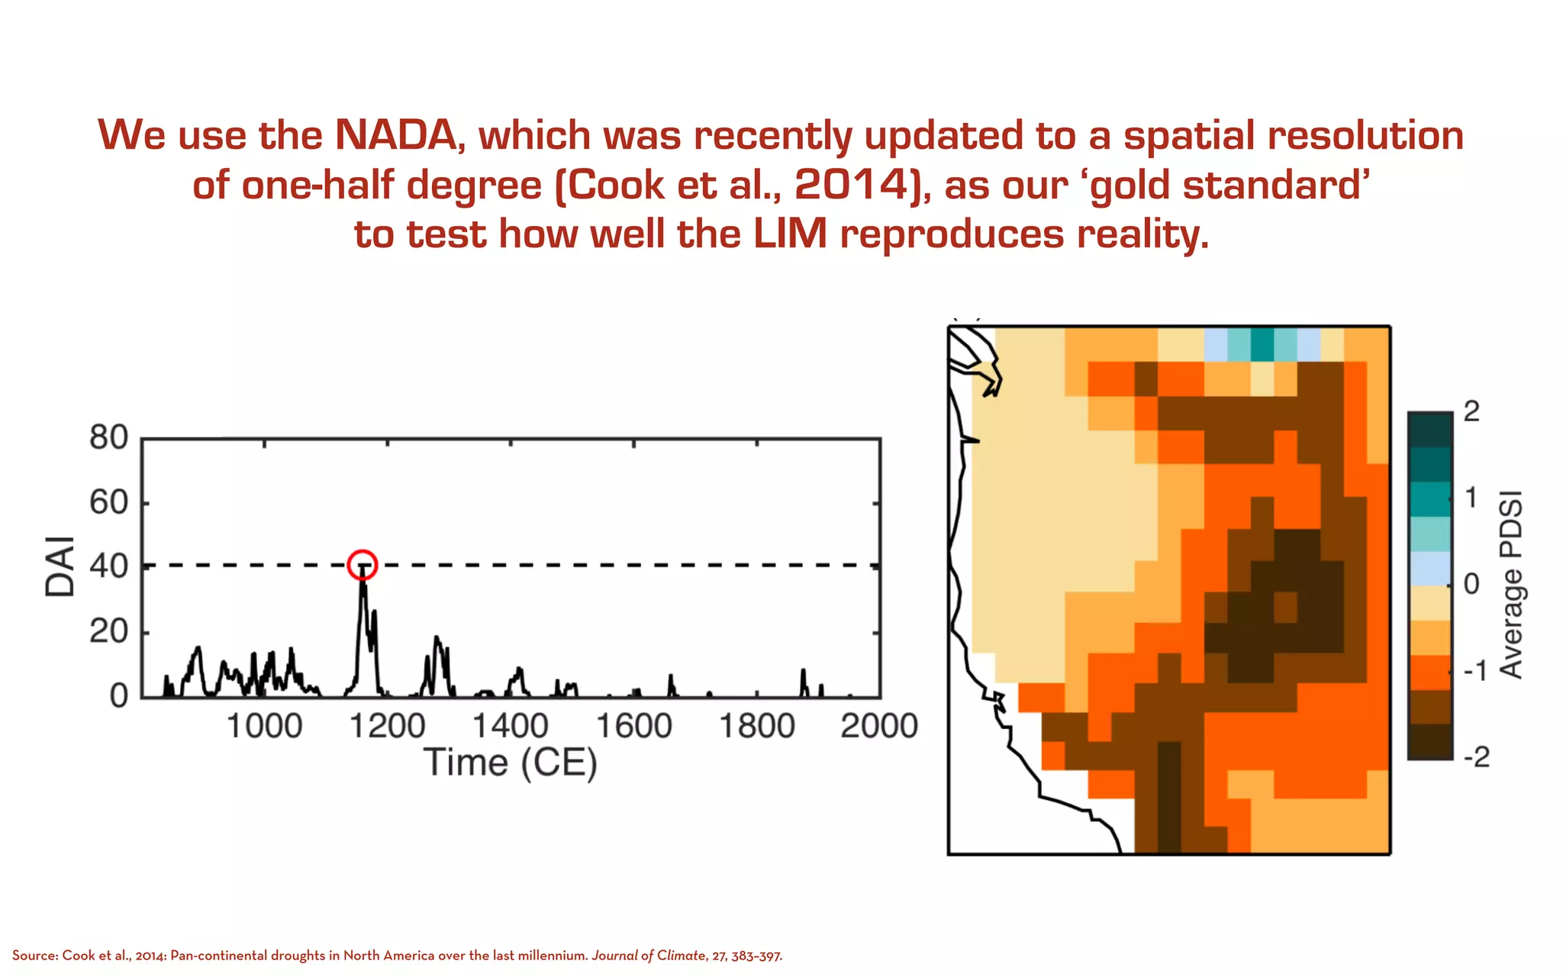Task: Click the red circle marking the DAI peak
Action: [363, 565]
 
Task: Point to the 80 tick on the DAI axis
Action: [108, 438]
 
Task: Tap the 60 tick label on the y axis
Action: [108, 503]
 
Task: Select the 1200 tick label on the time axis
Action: [387, 725]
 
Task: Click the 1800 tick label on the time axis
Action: [756, 725]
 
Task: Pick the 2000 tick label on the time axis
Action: [879, 725]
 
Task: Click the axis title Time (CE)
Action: [510, 763]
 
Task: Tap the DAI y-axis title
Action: [60, 566]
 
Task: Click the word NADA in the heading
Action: [395, 135]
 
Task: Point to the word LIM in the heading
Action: [790, 234]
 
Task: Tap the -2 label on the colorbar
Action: [1477, 757]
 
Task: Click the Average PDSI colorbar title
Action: [1511, 585]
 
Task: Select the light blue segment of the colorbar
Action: [1429, 568]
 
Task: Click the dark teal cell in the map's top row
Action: [1262, 344]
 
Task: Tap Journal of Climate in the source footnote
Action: [649, 956]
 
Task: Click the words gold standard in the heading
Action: [1226, 185]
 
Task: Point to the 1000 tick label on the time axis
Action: [264, 725]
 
